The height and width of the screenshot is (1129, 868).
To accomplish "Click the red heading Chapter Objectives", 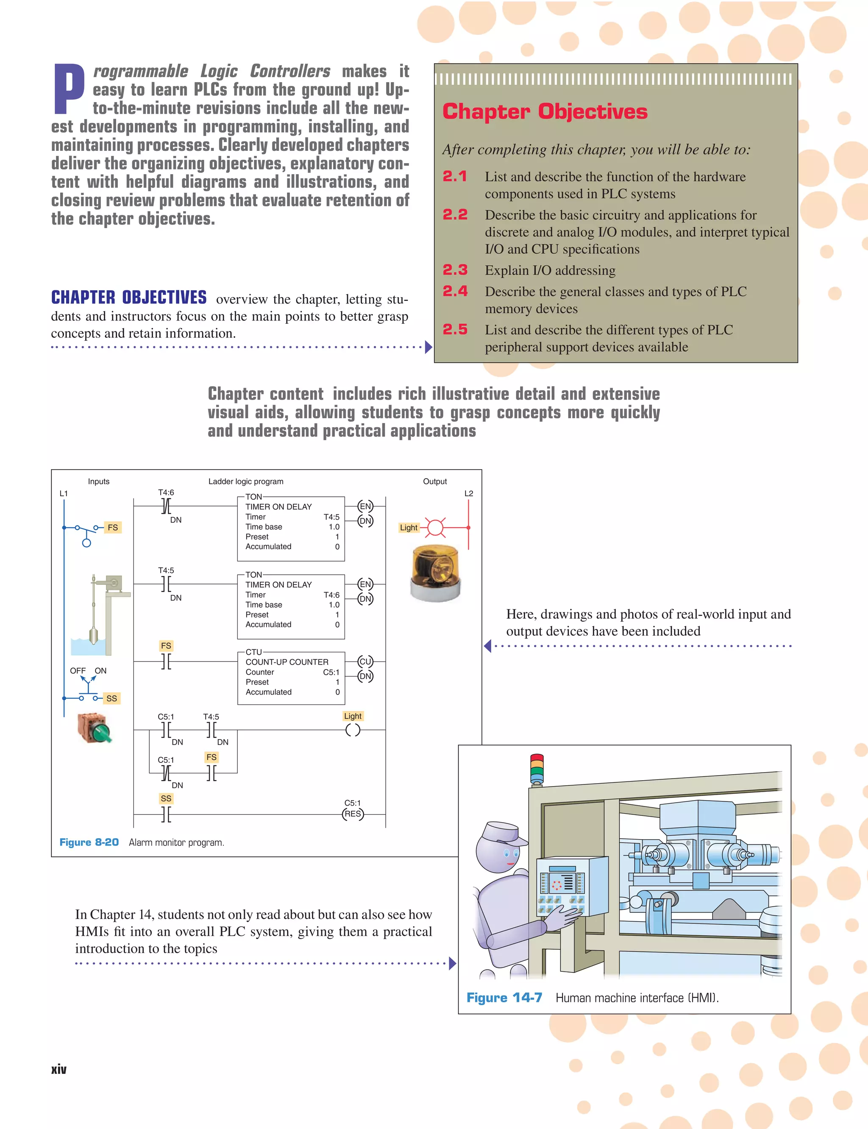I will [x=545, y=111].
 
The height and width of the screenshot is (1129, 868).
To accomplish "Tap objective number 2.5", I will [x=455, y=330].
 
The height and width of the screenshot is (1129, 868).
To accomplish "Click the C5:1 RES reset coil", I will [x=353, y=814].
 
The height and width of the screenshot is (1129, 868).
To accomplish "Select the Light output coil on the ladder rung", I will [x=353, y=730].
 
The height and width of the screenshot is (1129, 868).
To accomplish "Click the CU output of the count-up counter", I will [x=365, y=662].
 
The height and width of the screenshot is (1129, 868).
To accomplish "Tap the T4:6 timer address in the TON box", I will [x=331, y=595].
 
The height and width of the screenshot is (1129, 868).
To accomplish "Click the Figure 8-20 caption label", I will [x=89, y=842].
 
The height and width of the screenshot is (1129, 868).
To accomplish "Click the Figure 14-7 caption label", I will [x=504, y=997].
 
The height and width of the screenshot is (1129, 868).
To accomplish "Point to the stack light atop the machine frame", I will [x=537, y=769].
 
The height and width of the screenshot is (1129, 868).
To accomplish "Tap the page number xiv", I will [x=59, y=1069].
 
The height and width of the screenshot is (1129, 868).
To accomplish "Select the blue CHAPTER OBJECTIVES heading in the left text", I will [x=129, y=298].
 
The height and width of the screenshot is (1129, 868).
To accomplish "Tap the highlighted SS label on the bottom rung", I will [x=166, y=798].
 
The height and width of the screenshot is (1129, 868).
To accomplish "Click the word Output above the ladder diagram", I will [x=434, y=481].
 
